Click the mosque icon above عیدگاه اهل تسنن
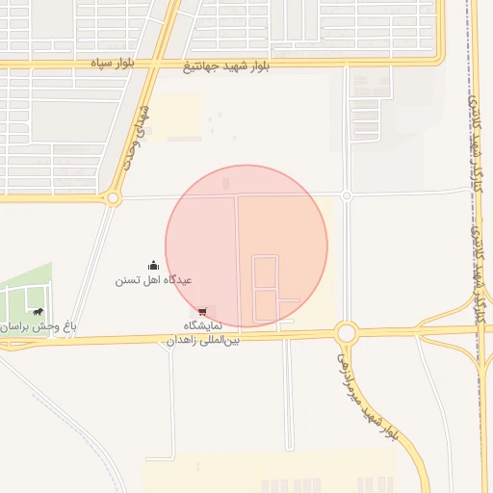pos(153,265)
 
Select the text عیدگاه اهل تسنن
pos(154,280)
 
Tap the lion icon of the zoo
pos(38,311)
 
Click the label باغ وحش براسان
pos(39,326)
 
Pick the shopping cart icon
pos(202,311)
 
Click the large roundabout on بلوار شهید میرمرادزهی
pos(347,333)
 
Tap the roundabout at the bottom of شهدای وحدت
pos(114,198)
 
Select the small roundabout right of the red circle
pos(347,195)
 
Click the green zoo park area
pos(24,294)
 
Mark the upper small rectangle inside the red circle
pos(265,271)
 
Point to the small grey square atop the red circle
pos(226,182)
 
